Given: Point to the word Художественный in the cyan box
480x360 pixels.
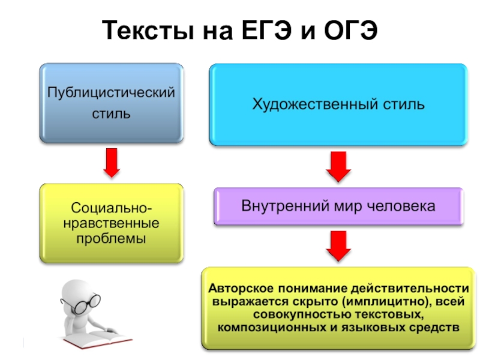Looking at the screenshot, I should pyautogui.click(x=298, y=104).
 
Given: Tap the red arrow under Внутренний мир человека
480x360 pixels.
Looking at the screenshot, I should pyautogui.click(x=338, y=245).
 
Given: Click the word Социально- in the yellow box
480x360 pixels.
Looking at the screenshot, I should pyautogui.click(x=111, y=209).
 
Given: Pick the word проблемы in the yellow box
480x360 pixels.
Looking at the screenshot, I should pyautogui.click(x=111, y=239).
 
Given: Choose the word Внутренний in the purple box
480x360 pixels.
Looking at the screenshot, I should pyautogui.click(x=276, y=206).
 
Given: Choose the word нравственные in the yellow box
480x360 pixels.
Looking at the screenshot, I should pyautogui.click(x=111, y=224).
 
